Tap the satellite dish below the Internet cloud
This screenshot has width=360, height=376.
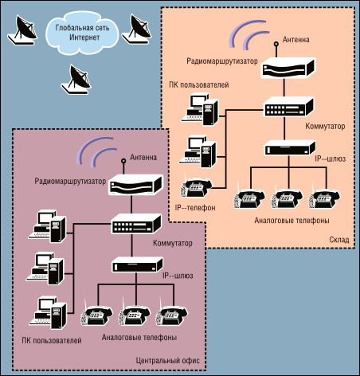pyautogui.click(x=76, y=80)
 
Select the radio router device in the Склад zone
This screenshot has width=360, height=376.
pyautogui.click(x=288, y=68)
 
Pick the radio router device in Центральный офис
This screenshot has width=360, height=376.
pyautogui.click(x=135, y=185)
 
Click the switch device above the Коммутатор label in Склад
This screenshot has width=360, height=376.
pyautogui.click(x=289, y=107)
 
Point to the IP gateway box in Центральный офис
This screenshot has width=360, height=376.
pyautogui.click(x=137, y=264)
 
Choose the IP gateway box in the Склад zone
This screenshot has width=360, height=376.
pyautogui.click(x=290, y=148)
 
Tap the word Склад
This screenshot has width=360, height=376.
pyautogui.click(x=339, y=240)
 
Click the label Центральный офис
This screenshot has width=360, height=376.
pyautogui.click(x=168, y=361)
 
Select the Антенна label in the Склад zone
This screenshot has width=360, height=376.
pyautogui.click(x=296, y=40)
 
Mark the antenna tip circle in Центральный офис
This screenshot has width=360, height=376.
pyautogui.click(x=123, y=161)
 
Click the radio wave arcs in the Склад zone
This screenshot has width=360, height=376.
pyautogui.click(x=248, y=34)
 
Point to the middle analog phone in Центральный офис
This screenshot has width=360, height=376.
pyautogui.click(x=135, y=315)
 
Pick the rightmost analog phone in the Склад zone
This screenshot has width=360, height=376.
pyautogui.click(x=324, y=198)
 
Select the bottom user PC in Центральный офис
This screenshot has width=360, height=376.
pyautogui.click(x=48, y=313)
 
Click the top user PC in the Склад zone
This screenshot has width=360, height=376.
pyautogui.click(x=200, y=109)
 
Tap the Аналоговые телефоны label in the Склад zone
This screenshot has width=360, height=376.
pyautogui.click(x=292, y=221)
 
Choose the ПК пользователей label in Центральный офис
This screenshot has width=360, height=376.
pyautogui.click(x=52, y=340)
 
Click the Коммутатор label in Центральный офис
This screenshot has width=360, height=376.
pyautogui.click(x=173, y=243)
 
